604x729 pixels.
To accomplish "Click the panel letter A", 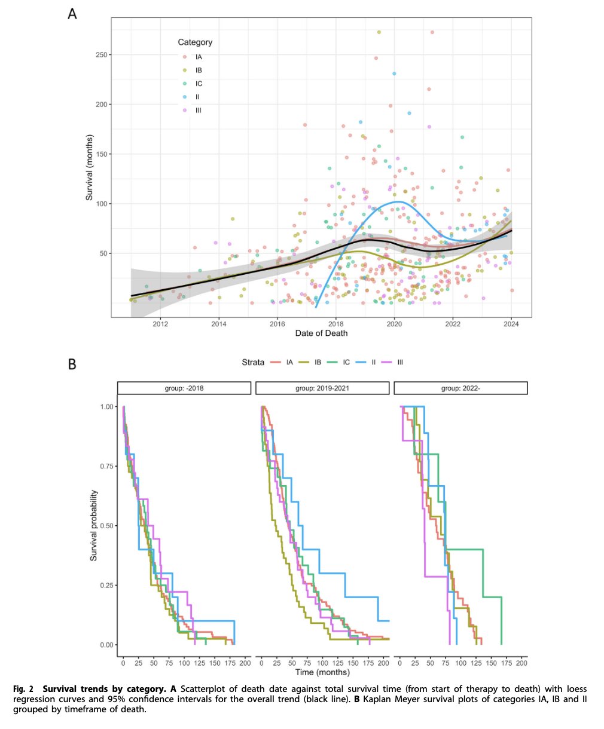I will point(72,13).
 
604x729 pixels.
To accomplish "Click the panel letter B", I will point(72,363).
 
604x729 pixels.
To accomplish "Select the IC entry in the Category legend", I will point(199,84).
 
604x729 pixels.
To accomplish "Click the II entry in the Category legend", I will point(197,97).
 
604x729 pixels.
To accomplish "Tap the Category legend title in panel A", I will point(195,42).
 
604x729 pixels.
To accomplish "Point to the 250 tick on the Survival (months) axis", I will point(102,55).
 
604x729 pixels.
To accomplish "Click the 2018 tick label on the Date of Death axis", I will point(335,324).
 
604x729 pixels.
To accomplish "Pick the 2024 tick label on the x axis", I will point(511,324).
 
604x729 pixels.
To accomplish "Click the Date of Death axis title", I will point(321,333).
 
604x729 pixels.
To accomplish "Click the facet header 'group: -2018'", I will point(184,388).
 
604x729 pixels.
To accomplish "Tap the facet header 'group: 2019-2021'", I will point(322,388).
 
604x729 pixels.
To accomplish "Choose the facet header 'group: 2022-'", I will point(460,388).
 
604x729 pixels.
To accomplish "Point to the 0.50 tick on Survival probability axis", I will point(105,526).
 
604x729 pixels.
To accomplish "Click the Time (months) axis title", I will point(322,673).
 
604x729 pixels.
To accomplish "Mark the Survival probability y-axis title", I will point(94,525).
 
